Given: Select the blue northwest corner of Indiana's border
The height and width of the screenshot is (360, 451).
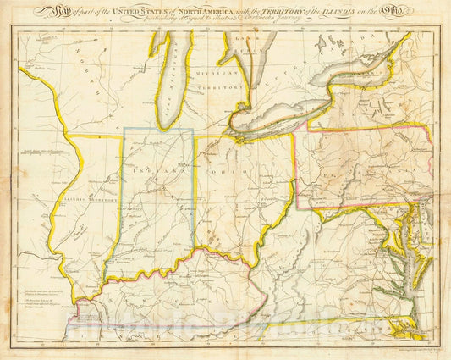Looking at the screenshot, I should point(124,129).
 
